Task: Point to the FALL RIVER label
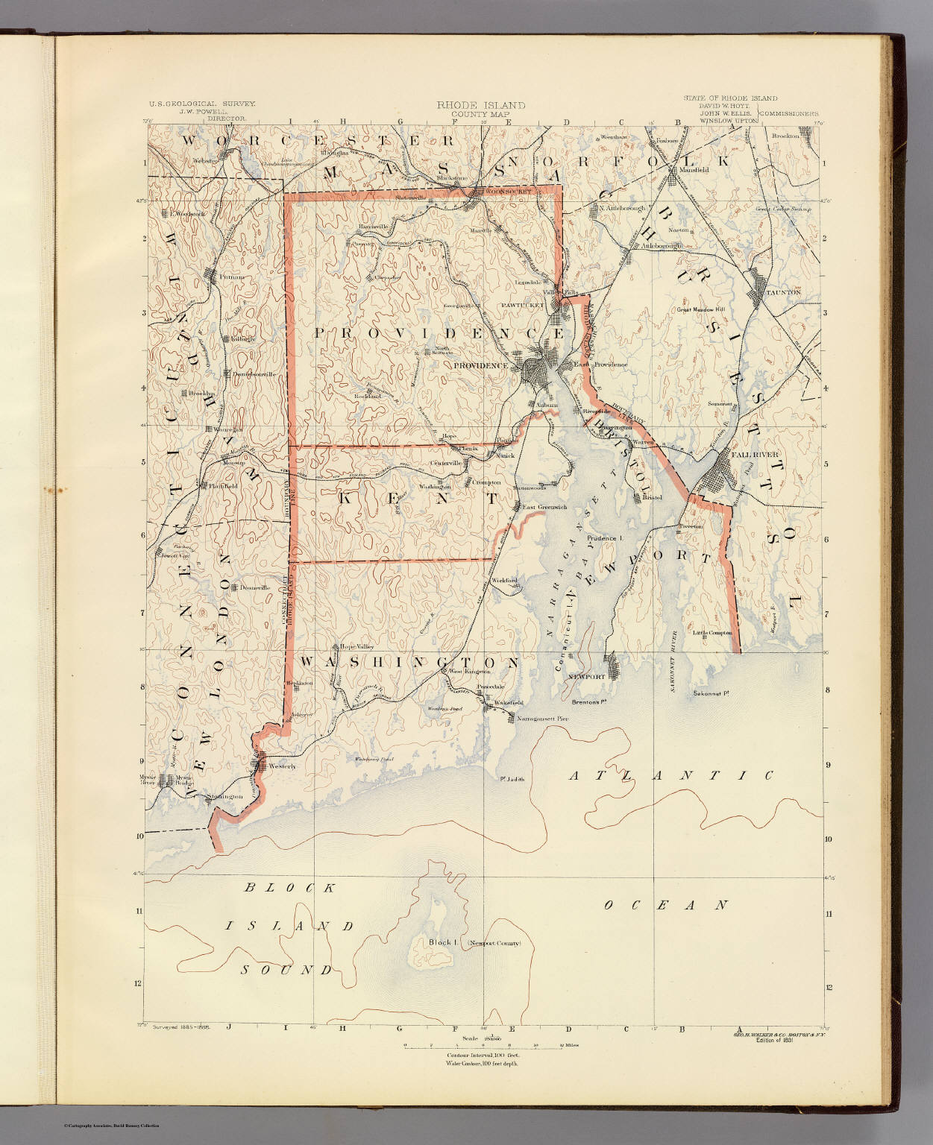coord(755,454)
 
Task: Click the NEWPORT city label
coord(586,677)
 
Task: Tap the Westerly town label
coord(282,766)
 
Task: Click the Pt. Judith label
coord(512,780)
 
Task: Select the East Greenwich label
coord(544,507)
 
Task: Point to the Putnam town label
coord(231,277)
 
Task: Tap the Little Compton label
coord(713,633)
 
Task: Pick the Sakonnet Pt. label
coord(710,693)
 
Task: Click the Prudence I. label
coord(604,537)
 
